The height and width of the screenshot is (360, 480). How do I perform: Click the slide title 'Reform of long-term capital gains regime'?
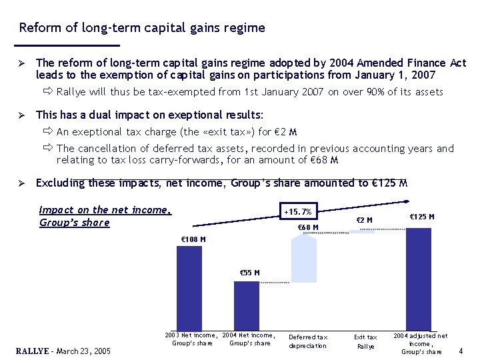142,28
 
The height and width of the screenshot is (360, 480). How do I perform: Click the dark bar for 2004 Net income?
247,305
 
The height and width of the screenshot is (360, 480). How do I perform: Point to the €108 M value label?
193,239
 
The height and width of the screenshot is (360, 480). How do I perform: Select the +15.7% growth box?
297,212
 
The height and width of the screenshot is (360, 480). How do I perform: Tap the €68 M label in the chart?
308,228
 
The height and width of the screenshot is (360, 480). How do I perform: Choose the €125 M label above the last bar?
421,217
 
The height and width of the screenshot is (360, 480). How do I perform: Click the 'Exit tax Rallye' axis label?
365,341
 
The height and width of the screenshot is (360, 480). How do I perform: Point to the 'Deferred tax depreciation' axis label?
307,341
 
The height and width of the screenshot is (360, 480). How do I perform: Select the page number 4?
461,350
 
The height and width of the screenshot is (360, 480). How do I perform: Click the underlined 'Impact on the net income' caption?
105,210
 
